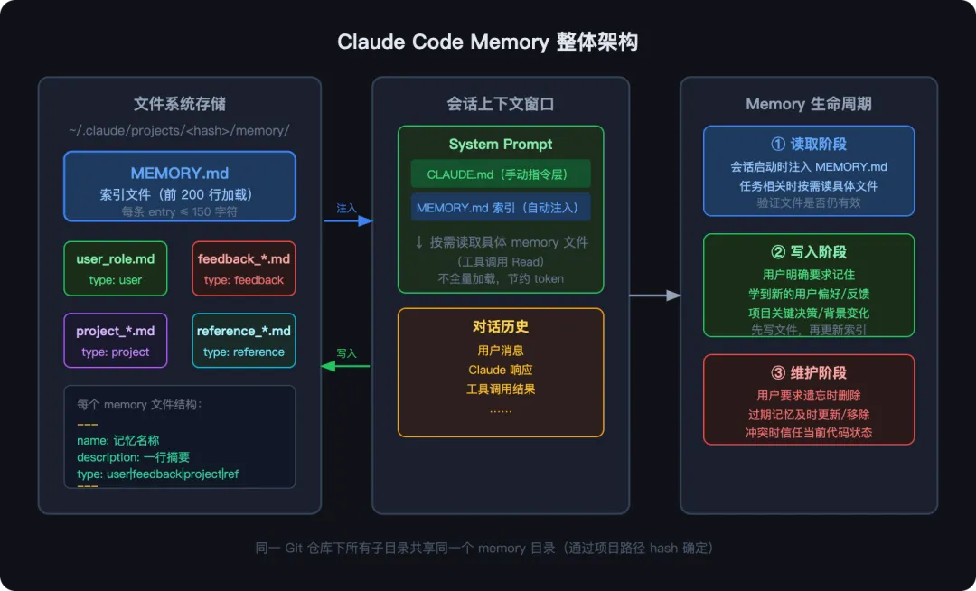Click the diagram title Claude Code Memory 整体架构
tap(487, 42)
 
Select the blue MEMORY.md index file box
tap(180, 186)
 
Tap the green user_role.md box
tap(115, 268)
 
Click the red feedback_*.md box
tap(244, 268)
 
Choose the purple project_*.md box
tap(115, 340)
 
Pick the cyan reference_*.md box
tap(244, 340)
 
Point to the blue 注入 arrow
tap(348, 220)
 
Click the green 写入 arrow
tap(346, 366)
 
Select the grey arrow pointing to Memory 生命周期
tap(654, 295)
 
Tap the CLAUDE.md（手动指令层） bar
tap(501, 174)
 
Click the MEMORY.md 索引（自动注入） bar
tap(501, 207)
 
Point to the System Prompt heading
tap(501, 145)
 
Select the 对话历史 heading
tap(501, 326)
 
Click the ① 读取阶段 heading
tap(809, 145)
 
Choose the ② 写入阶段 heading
tap(809, 252)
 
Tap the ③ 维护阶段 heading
tap(809, 372)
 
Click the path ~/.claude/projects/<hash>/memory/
tap(179, 130)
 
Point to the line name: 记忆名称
tap(118, 441)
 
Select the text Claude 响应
tap(501, 370)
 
